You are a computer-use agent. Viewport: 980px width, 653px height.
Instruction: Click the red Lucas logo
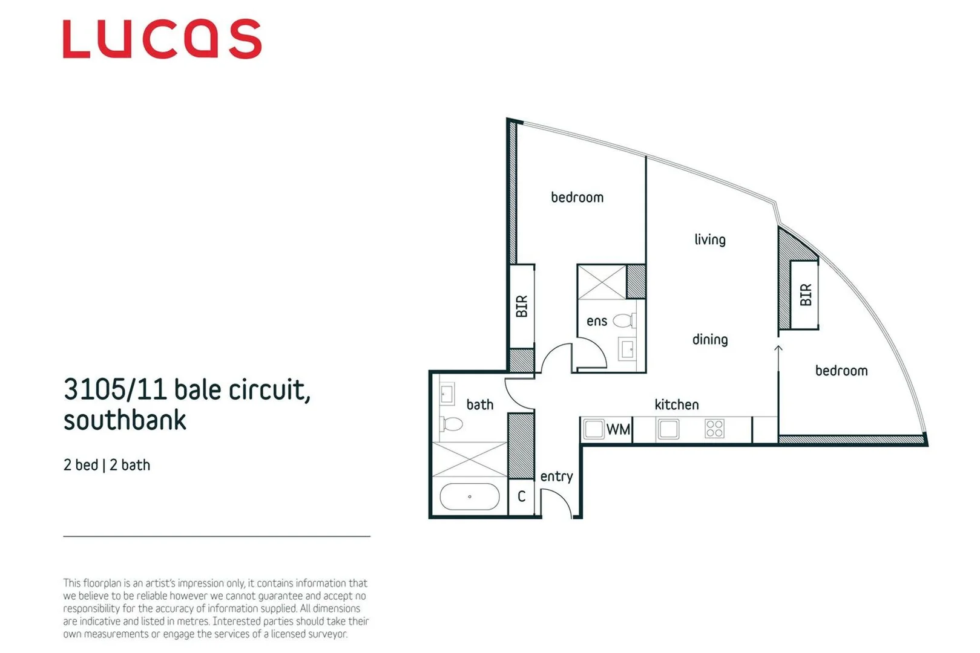tap(162, 39)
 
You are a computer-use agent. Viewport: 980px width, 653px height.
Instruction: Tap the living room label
tap(709, 239)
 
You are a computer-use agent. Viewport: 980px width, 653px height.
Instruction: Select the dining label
tap(709, 339)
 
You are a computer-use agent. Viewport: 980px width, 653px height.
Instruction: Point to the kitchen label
tap(676, 404)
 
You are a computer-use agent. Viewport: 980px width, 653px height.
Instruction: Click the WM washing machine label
tap(618, 429)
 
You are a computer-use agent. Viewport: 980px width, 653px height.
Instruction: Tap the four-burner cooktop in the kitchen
tap(714, 429)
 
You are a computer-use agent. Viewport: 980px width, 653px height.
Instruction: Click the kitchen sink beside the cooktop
tap(668, 429)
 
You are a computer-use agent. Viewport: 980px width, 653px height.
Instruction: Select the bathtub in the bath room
tap(469, 497)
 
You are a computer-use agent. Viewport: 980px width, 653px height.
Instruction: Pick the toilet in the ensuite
tap(625, 320)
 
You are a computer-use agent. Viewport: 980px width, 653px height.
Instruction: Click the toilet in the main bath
tap(450, 423)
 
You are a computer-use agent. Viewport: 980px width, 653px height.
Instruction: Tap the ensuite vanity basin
tap(627, 349)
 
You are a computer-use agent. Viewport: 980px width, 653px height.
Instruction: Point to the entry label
tap(556, 476)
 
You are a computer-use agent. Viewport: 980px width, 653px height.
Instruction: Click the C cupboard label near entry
tap(521, 497)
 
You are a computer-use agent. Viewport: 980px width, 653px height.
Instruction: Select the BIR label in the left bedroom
tap(522, 306)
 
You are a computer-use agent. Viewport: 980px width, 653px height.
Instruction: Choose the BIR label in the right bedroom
tap(805, 295)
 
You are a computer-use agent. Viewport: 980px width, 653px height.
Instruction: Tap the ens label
tap(596, 321)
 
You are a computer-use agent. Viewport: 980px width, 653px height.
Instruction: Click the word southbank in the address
tap(125, 420)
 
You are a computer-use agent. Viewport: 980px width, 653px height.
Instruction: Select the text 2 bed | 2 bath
tap(107, 465)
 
